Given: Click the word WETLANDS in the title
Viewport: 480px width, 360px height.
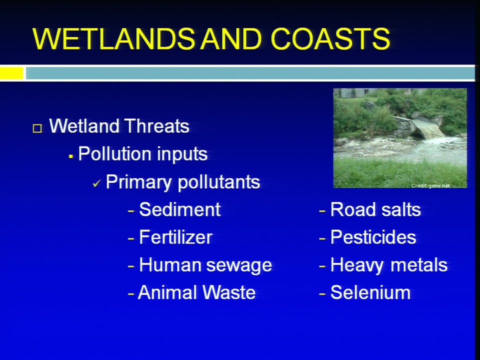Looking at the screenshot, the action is tap(113, 38).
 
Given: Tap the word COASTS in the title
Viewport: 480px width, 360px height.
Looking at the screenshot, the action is tap(330, 38).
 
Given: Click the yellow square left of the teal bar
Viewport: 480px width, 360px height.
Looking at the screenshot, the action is tap(11, 73).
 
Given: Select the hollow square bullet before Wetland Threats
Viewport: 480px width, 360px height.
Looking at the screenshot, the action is tap(37, 128).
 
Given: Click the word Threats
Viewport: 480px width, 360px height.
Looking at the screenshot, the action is tap(156, 126).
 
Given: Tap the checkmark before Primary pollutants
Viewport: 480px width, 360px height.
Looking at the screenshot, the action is tap(96, 183).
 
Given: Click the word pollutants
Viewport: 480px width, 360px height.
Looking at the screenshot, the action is tap(219, 182).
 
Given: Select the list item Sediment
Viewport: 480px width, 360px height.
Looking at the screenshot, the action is tap(179, 209).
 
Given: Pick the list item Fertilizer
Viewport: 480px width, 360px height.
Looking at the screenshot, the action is tap(175, 237).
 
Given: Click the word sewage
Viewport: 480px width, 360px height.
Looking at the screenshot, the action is tap(239, 265).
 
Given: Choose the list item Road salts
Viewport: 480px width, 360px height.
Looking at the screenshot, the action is tap(375, 209).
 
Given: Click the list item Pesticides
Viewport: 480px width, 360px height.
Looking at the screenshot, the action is tap(373, 237).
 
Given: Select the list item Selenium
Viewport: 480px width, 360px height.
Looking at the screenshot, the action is tap(370, 292).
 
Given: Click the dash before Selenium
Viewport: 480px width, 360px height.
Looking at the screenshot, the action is tap(322, 294).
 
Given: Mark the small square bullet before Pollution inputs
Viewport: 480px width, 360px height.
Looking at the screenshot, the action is tap(70, 156).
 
